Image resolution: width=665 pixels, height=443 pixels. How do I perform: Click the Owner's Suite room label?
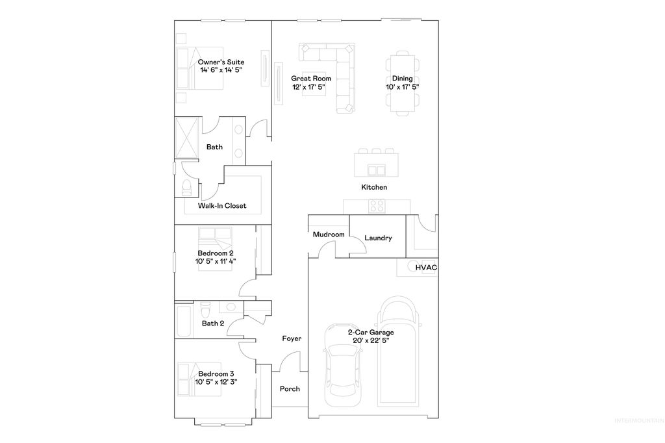(x=221, y=62)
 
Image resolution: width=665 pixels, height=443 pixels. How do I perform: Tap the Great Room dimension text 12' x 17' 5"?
(x=308, y=87)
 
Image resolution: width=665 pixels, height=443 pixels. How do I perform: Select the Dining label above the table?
(x=402, y=79)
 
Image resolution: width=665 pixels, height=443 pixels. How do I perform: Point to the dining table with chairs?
(x=403, y=84)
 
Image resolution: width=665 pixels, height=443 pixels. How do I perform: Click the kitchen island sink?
(x=376, y=170)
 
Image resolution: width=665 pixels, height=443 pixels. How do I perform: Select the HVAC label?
(x=426, y=268)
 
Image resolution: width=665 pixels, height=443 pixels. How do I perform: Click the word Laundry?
(x=378, y=238)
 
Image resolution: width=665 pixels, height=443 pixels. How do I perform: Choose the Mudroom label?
(x=328, y=234)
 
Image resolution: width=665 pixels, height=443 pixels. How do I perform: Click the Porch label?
(x=290, y=389)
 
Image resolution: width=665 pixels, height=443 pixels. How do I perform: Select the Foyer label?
(x=292, y=338)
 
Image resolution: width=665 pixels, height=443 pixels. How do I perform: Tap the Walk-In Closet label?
(x=222, y=207)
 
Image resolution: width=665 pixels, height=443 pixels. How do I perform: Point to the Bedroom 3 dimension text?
(x=216, y=382)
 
